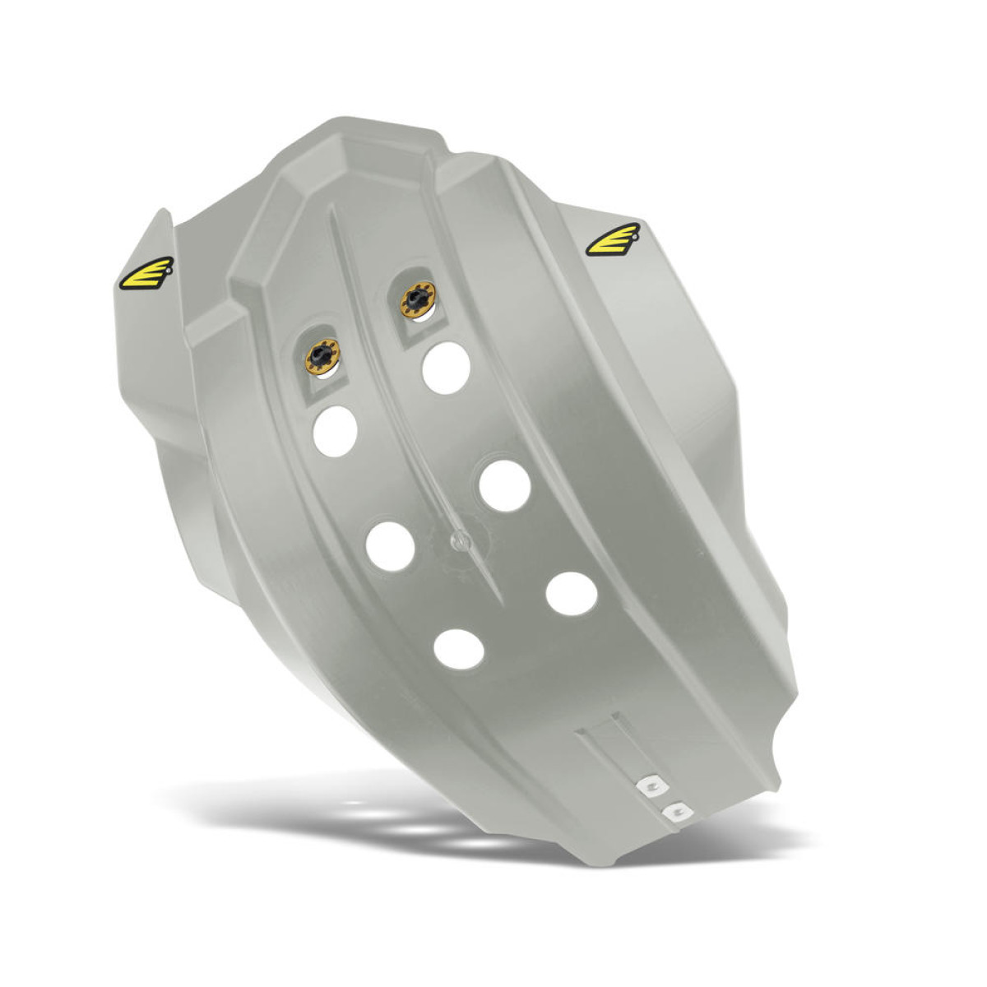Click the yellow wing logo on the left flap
146,274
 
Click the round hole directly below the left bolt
335,426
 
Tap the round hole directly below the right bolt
446,368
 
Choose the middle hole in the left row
391,544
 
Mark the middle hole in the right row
504,484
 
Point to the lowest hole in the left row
460,647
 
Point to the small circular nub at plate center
459,540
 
